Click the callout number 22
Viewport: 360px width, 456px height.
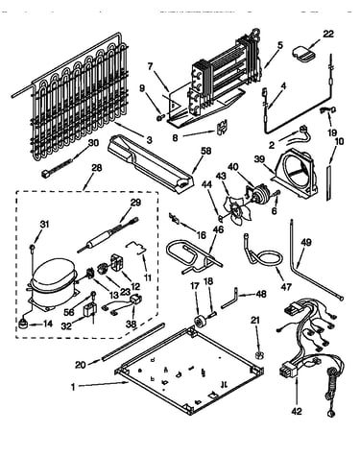pos(327,34)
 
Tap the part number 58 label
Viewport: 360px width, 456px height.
pos(206,151)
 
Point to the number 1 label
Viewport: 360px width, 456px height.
pos(73,387)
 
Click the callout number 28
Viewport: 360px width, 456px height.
pos(96,167)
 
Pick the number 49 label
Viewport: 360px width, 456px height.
pos(305,242)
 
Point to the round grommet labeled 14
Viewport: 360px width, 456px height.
pos(23,324)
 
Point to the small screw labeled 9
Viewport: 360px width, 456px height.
pos(160,118)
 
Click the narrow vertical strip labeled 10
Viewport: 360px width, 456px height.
pos(329,182)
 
